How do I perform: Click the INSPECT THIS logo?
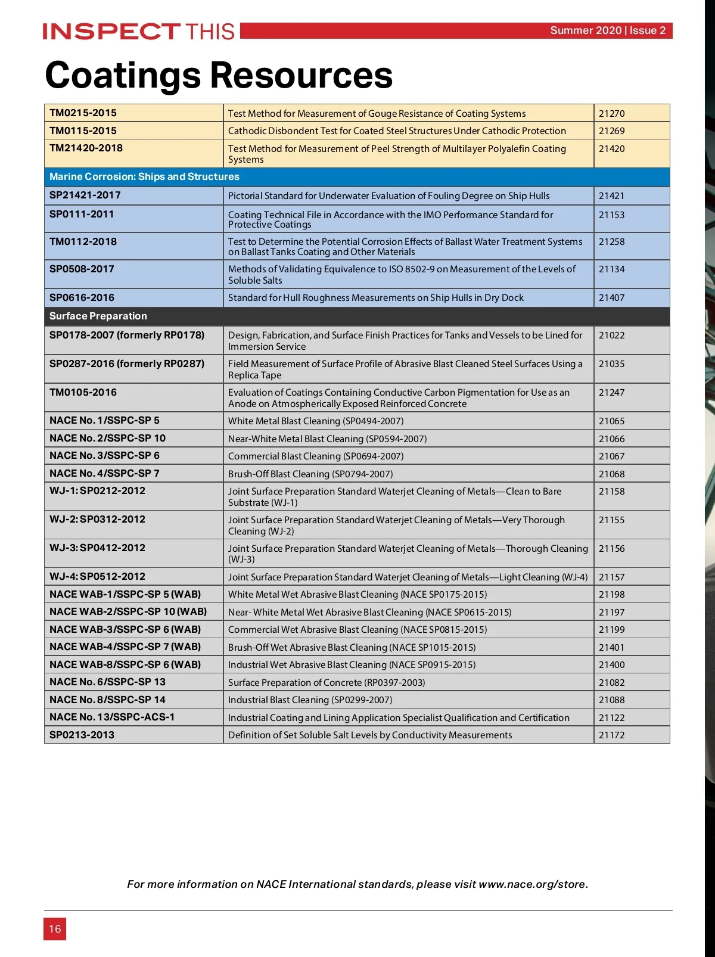[x=139, y=31]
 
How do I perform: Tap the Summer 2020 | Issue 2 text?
[x=607, y=30]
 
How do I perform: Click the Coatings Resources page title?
[x=219, y=76]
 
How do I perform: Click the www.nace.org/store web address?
[x=533, y=884]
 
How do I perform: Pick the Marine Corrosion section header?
[x=144, y=177]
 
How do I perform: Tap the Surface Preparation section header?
[x=98, y=316]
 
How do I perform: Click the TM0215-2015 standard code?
[x=83, y=113]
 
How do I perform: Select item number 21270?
[x=612, y=113]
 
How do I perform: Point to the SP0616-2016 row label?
[x=82, y=298]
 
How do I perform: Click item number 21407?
[x=612, y=298]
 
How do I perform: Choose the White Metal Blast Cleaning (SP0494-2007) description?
[x=316, y=421]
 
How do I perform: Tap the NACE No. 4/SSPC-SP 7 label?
[x=104, y=474]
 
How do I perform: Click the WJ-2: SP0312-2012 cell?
[x=98, y=520]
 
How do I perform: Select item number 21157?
[x=612, y=577]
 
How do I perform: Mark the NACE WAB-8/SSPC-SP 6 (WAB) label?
[x=125, y=665]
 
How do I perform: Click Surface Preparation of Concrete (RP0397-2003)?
[x=327, y=683]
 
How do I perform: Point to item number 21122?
[x=612, y=718]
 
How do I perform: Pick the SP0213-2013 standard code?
[x=82, y=735]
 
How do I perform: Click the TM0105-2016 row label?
[x=83, y=393]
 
